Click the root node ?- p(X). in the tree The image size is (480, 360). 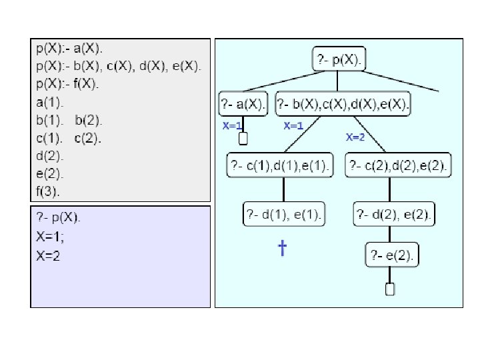339,59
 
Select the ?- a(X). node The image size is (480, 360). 243,104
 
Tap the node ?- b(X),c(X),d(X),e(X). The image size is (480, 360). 344,104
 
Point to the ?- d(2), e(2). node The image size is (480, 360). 394,214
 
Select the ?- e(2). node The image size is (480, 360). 391,254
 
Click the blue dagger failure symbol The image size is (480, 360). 282,249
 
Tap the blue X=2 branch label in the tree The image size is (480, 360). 355,138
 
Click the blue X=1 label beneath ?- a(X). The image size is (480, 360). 231,125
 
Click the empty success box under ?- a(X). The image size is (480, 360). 243,138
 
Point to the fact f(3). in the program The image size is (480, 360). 47,192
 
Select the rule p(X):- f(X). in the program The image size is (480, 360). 67,84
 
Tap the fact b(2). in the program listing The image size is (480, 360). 89,120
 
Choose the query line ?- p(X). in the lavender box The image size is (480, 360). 57,217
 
